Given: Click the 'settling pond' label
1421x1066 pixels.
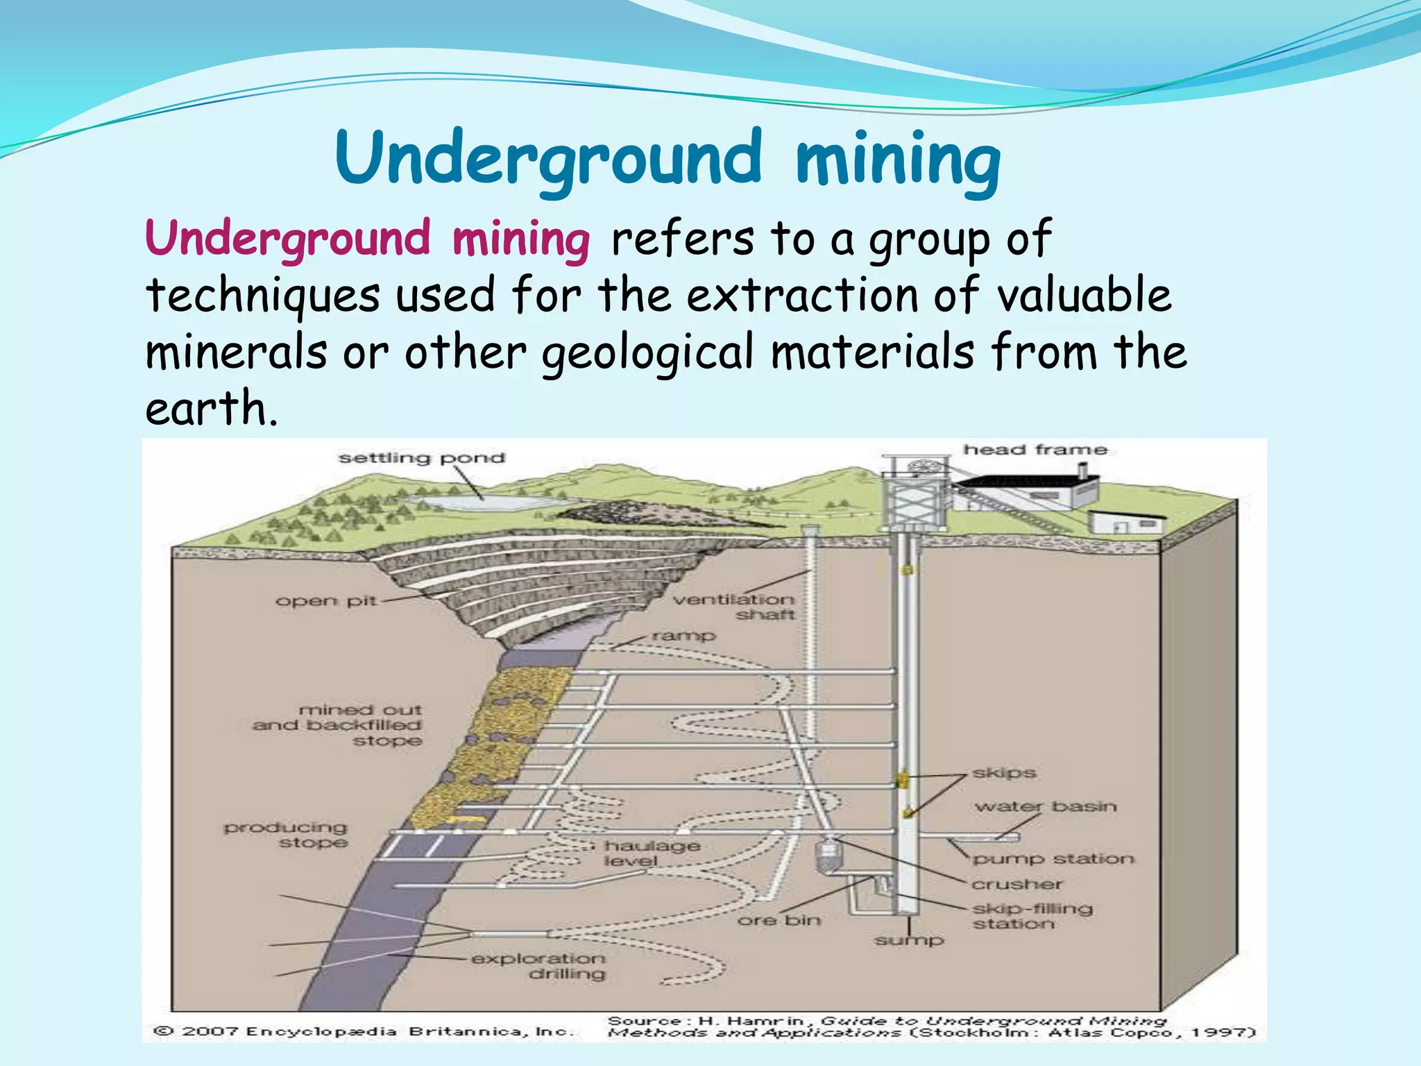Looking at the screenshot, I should coord(421,458).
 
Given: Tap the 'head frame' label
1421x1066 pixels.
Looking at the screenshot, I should coord(1035,450).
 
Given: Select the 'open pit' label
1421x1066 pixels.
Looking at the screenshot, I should coord(325,601).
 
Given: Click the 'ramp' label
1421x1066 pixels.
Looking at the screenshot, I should coord(683,635).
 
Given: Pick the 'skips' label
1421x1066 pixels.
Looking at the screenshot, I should coord(1004,772).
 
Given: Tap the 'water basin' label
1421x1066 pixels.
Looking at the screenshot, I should coord(1046,806).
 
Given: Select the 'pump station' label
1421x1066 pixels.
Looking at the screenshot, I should coord(1053,859).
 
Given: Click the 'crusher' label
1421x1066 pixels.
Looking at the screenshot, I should coord(1016,884).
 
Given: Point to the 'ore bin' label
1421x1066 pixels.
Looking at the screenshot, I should coord(778,920).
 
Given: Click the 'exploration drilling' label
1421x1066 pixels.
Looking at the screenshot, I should coord(538,966).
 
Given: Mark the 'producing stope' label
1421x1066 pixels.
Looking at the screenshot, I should coord(286,835).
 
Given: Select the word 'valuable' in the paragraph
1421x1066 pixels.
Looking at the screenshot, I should coord(1084,295).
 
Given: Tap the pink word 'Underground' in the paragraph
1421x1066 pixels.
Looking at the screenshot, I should coord(288,239).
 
